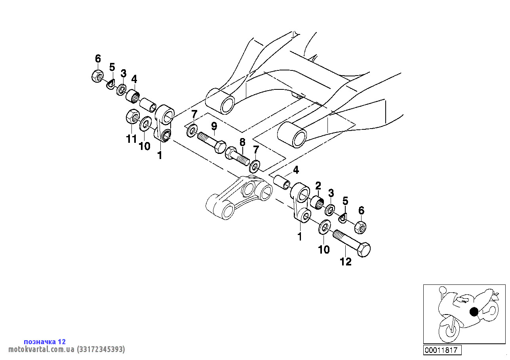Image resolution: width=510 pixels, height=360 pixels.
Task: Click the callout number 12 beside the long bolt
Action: [x=346, y=262]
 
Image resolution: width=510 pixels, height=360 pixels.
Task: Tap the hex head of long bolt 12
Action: [x=363, y=250]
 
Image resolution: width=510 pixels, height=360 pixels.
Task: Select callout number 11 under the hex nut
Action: [x=131, y=139]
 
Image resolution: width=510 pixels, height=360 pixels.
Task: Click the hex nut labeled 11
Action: [x=133, y=117]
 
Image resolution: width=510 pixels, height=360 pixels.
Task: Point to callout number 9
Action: [x=214, y=126]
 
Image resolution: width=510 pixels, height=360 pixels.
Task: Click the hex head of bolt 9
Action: [x=219, y=147]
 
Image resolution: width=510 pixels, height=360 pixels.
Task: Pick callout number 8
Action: [x=242, y=142]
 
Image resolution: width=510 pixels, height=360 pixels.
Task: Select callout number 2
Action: [x=318, y=186]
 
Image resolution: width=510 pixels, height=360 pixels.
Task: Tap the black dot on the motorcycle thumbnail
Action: [x=474, y=312]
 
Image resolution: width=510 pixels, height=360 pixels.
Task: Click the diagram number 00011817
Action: [x=442, y=350]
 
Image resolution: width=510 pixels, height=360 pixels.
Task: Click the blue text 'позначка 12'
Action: [x=45, y=341]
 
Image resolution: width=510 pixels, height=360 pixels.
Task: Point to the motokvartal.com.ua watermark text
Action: [x=67, y=349]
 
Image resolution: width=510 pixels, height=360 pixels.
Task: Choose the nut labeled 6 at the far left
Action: [x=97, y=76]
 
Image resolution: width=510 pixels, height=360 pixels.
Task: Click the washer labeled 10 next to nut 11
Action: [x=145, y=124]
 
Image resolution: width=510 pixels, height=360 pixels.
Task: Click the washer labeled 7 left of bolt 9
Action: [x=192, y=131]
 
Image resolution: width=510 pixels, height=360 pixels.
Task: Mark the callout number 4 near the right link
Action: [x=296, y=170]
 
